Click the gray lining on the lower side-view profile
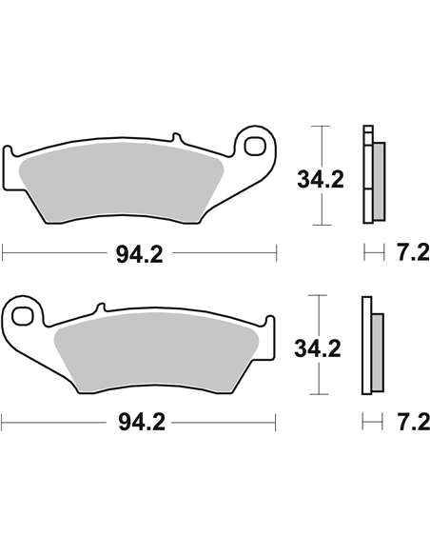(x=376, y=353)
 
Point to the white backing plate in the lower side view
(x=364, y=347)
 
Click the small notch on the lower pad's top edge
(x=96, y=308)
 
